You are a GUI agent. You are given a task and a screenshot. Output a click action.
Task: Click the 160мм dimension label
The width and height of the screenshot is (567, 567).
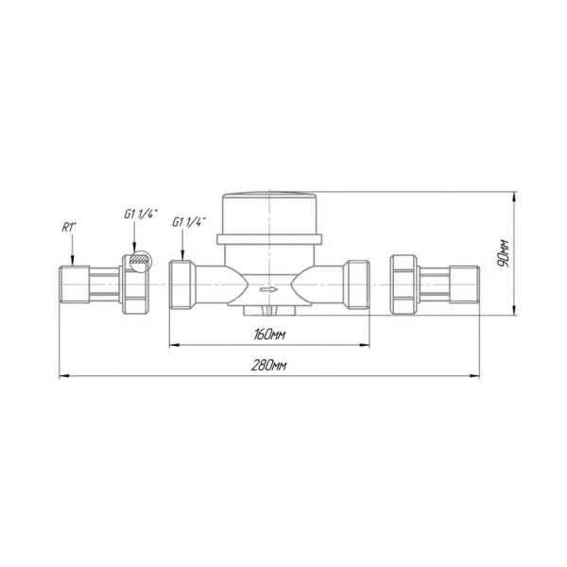[269, 335]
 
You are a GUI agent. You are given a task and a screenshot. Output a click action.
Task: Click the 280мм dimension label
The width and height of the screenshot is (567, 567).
[268, 366]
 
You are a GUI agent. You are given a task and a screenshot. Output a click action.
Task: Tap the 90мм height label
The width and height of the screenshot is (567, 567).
[504, 253]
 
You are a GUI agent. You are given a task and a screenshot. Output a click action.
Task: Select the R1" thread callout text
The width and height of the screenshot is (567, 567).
[69, 227]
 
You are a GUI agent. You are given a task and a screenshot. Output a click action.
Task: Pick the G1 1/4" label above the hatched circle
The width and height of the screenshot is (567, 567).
[141, 215]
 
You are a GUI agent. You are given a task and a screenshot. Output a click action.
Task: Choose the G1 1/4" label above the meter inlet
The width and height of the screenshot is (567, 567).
[189, 222]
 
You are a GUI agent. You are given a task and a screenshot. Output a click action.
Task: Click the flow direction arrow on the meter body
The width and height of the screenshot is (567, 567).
[268, 289]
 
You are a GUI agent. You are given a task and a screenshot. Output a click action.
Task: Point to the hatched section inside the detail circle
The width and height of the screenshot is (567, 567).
[140, 259]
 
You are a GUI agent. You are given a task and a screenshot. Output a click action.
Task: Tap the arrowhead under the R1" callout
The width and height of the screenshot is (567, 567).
[73, 261]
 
